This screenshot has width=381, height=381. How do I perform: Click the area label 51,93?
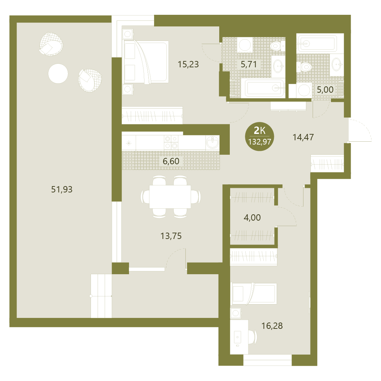62,189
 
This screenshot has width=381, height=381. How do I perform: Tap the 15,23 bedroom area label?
188,64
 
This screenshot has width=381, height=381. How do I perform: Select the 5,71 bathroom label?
248,64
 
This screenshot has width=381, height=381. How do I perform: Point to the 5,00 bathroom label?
325,90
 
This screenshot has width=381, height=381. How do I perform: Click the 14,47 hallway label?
303,137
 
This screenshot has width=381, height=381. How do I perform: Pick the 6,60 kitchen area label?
171,161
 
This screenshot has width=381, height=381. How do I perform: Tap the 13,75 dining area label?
171,236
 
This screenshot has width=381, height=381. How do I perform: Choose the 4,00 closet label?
252,217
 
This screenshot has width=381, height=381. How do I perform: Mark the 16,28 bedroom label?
272,326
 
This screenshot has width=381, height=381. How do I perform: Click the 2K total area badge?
259,136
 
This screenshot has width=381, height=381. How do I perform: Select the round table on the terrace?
58,73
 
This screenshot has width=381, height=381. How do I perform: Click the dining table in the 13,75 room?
170,197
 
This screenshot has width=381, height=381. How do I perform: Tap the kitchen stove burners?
171,142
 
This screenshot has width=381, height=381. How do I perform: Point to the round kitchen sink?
213,142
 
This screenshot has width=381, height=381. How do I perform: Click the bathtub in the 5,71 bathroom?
264,88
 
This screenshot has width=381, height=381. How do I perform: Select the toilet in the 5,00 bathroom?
304,67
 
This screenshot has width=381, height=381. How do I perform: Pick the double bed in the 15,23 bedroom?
146,62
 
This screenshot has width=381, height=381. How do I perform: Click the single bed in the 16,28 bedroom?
253,293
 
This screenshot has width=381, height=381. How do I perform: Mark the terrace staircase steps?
101,296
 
